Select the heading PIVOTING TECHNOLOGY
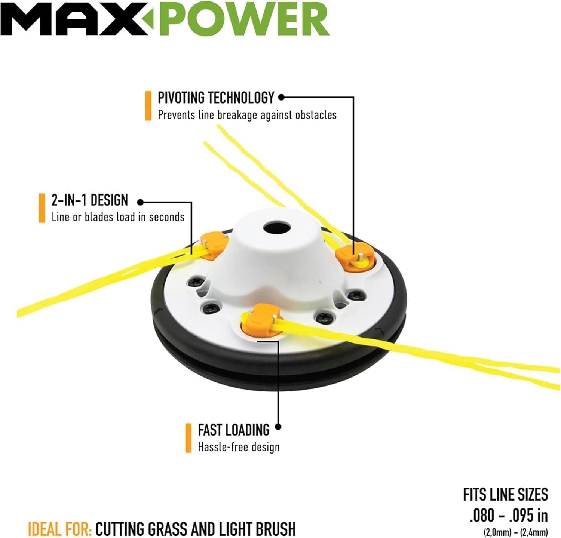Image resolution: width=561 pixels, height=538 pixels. (216, 98)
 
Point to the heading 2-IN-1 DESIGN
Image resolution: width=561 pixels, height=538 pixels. (90, 200)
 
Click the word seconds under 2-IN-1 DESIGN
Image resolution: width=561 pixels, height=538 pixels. (166, 217)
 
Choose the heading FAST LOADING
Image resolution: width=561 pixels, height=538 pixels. (233, 430)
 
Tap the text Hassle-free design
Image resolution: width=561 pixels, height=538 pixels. (239, 447)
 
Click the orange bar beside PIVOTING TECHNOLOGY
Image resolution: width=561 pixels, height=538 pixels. (148, 106)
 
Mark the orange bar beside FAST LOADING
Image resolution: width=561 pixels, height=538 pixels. (188, 438)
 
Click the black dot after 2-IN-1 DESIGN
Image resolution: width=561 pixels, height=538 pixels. (140, 202)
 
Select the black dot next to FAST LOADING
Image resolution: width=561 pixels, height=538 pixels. (278, 427)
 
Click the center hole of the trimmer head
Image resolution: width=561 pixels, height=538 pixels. (277, 228)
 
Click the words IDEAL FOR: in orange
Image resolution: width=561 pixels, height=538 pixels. (60, 529)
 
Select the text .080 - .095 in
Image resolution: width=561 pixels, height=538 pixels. (509, 516)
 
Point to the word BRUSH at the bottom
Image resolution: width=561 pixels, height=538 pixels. (276, 529)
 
